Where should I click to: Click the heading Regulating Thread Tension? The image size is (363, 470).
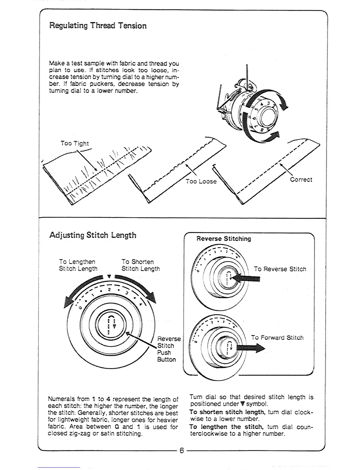point(98,26)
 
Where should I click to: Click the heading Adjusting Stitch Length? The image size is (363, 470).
point(93,235)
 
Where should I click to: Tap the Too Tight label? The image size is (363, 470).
point(74,143)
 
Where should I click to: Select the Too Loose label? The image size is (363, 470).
point(201,181)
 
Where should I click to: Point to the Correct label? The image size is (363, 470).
point(301,180)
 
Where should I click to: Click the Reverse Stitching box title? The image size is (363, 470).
point(224,239)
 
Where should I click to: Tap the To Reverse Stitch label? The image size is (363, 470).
point(280,269)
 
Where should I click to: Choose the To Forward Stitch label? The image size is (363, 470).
point(277,338)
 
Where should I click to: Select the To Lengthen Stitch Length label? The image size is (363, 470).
point(78,265)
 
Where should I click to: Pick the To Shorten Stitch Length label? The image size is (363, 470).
point(141,265)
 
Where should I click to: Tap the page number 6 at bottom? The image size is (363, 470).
point(181,451)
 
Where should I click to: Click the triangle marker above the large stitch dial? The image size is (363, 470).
point(109,277)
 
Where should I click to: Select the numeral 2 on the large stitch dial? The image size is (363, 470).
point(109,289)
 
